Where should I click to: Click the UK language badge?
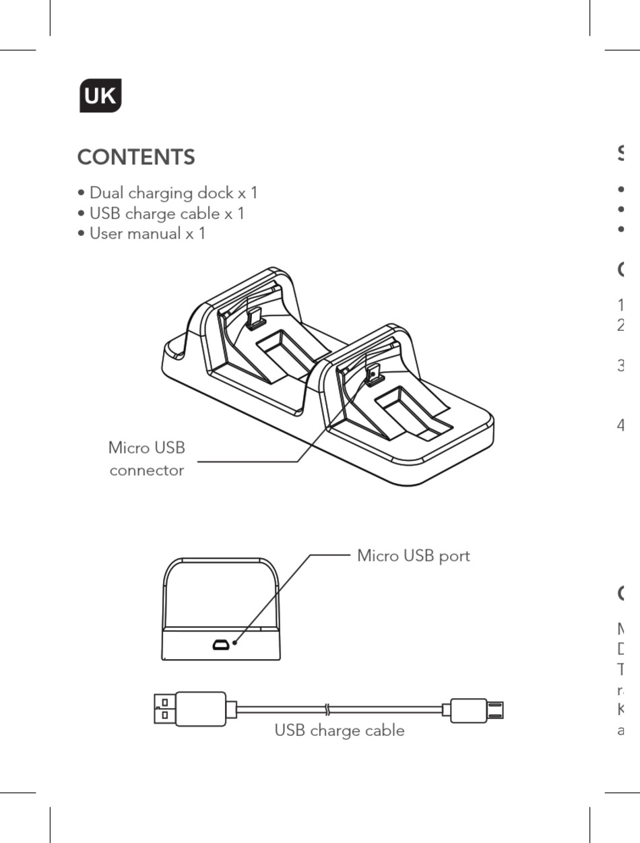tap(100, 96)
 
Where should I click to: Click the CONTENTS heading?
tap(136, 157)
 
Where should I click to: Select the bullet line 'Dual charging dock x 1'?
tap(168, 193)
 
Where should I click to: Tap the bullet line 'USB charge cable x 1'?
tap(161, 214)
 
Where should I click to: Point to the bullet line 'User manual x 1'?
tap(141, 234)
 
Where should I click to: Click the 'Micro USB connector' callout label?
tap(146, 459)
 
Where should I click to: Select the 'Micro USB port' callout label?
tap(413, 556)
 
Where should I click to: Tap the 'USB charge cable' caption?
tap(340, 730)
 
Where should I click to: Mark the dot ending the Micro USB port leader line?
tap(234, 643)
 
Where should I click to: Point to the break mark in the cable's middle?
tap(327, 710)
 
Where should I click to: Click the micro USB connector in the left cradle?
tap(254, 317)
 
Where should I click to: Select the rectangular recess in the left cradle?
tap(282, 349)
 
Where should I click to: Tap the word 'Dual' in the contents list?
tap(106, 193)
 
